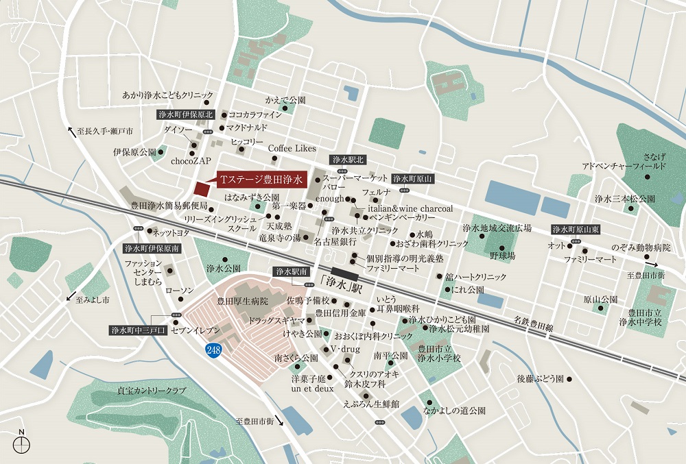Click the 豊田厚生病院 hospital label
(242, 301)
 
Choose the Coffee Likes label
(292, 148)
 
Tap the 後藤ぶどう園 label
(539, 378)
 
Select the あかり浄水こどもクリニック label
(167, 95)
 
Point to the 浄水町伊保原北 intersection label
(185, 114)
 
